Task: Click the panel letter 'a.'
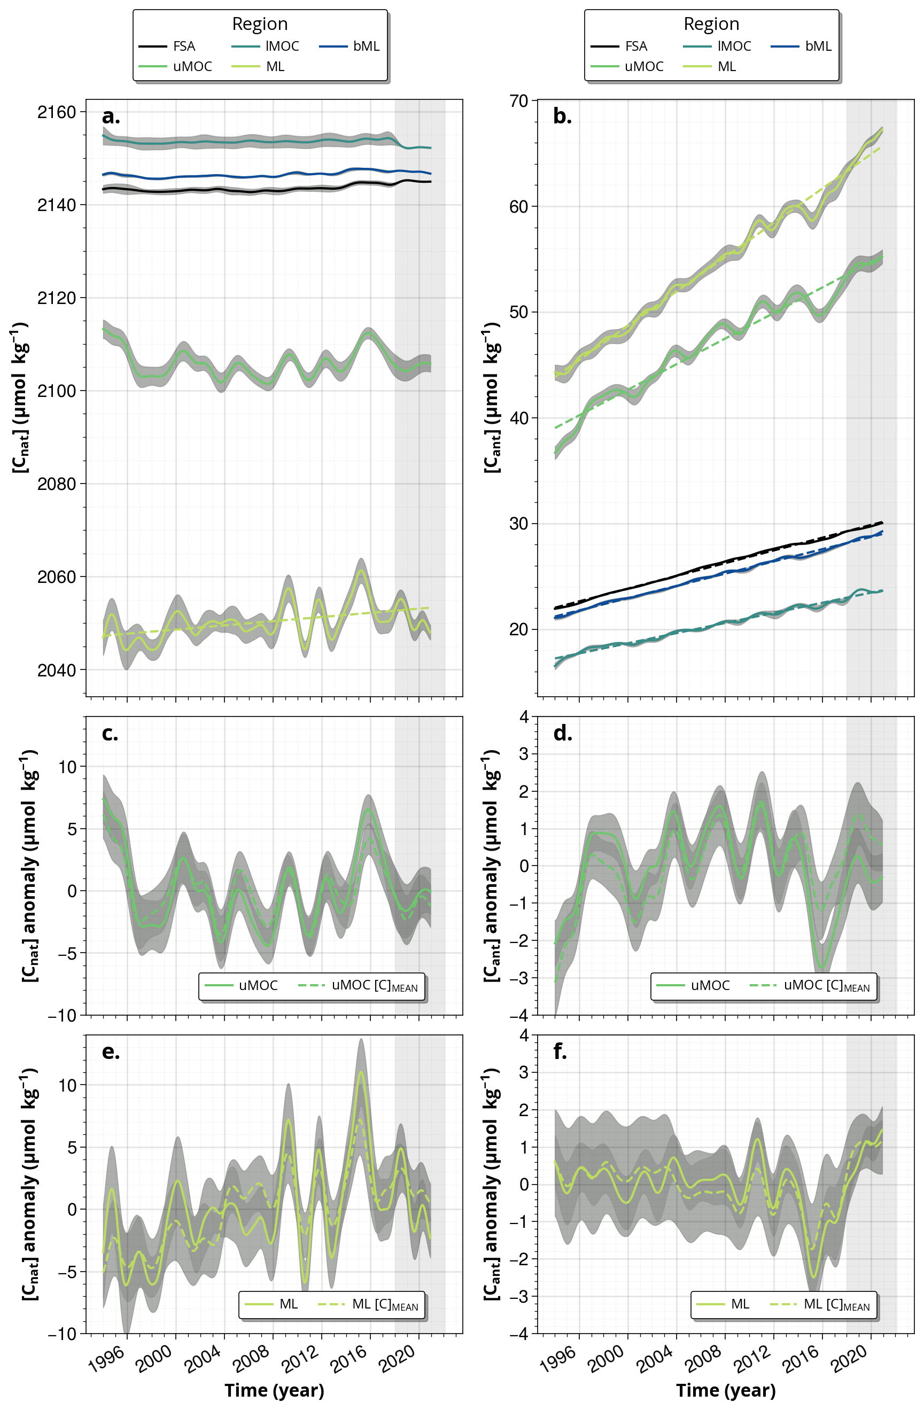tap(111, 116)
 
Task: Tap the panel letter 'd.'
tap(562, 734)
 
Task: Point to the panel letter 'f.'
tap(560, 1051)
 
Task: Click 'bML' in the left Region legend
tap(366, 46)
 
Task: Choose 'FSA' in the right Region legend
tap(636, 46)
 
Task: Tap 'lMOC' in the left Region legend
tap(282, 46)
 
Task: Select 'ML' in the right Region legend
tap(727, 66)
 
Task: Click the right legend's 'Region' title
tap(711, 24)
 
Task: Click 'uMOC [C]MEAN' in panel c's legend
tap(375, 986)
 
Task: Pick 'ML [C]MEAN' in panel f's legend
tap(836, 1304)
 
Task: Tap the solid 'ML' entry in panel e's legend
tap(289, 1304)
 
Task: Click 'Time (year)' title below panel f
tap(725, 1390)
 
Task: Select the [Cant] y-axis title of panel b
tap(492, 398)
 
